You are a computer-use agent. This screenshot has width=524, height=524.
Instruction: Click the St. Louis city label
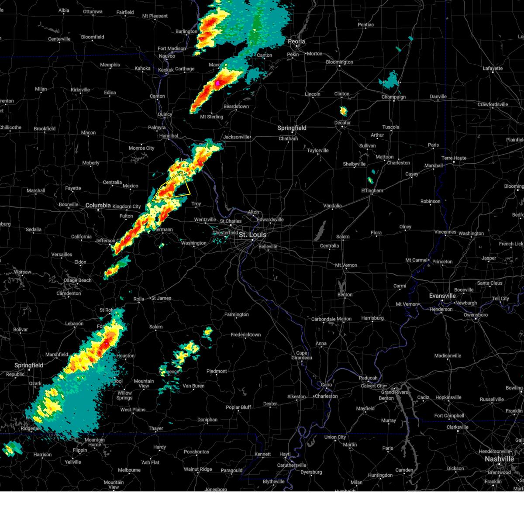252,234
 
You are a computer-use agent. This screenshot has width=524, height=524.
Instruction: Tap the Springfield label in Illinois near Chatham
292,128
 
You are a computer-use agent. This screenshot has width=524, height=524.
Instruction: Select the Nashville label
499,459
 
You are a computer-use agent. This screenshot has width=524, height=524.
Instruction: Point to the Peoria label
296,41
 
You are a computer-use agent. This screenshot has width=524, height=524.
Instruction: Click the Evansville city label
442,296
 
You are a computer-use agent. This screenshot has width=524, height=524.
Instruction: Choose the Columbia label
98,205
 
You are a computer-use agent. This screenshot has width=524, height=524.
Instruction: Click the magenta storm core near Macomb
217,83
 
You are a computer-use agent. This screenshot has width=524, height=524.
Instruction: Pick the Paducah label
368,378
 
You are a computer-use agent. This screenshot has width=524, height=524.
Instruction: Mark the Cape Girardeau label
302,355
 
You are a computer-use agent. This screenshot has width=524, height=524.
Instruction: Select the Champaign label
393,97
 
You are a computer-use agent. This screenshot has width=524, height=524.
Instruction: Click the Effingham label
372,191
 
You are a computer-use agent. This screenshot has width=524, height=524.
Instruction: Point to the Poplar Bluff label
238,407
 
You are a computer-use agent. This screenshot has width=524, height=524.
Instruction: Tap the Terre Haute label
454,158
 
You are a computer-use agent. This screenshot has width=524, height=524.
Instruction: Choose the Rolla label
139,299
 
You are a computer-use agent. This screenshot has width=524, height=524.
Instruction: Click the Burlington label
186,31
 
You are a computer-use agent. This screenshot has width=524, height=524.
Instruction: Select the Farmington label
236,314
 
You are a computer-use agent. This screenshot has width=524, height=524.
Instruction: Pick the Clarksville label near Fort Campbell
457,427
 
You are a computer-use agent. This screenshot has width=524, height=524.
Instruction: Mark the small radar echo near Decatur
343,111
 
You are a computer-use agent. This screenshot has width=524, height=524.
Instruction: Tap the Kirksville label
80,90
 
